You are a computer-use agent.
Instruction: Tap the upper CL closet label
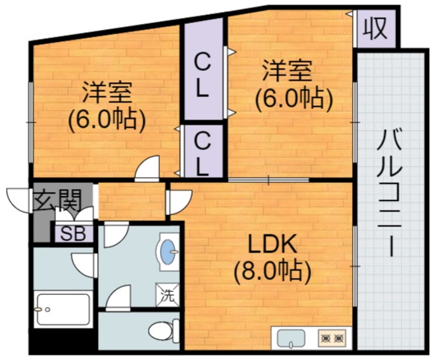pyautogui.click(x=202, y=73)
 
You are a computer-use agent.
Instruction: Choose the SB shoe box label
pyautogui.click(x=72, y=232)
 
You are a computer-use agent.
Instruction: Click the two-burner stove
pyautogui.click(x=332, y=339)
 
